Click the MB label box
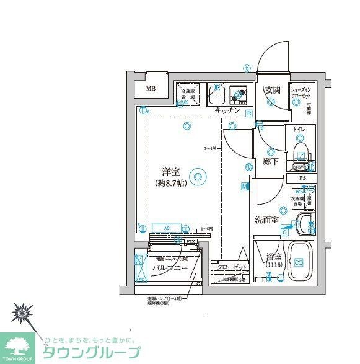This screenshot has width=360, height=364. [151, 88]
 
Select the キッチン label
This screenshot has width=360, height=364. [227, 110]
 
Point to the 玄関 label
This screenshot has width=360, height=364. [273, 91]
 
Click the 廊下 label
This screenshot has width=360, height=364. [271, 162]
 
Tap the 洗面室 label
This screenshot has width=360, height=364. [266, 220]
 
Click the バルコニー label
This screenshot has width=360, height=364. [169, 268]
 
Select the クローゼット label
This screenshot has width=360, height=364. [232, 268]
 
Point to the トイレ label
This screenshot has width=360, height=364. [301, 131]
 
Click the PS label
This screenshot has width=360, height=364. [302, 178]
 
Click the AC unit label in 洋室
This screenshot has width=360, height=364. [167, 228]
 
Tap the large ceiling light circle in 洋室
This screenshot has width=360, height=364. [198, 177]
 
